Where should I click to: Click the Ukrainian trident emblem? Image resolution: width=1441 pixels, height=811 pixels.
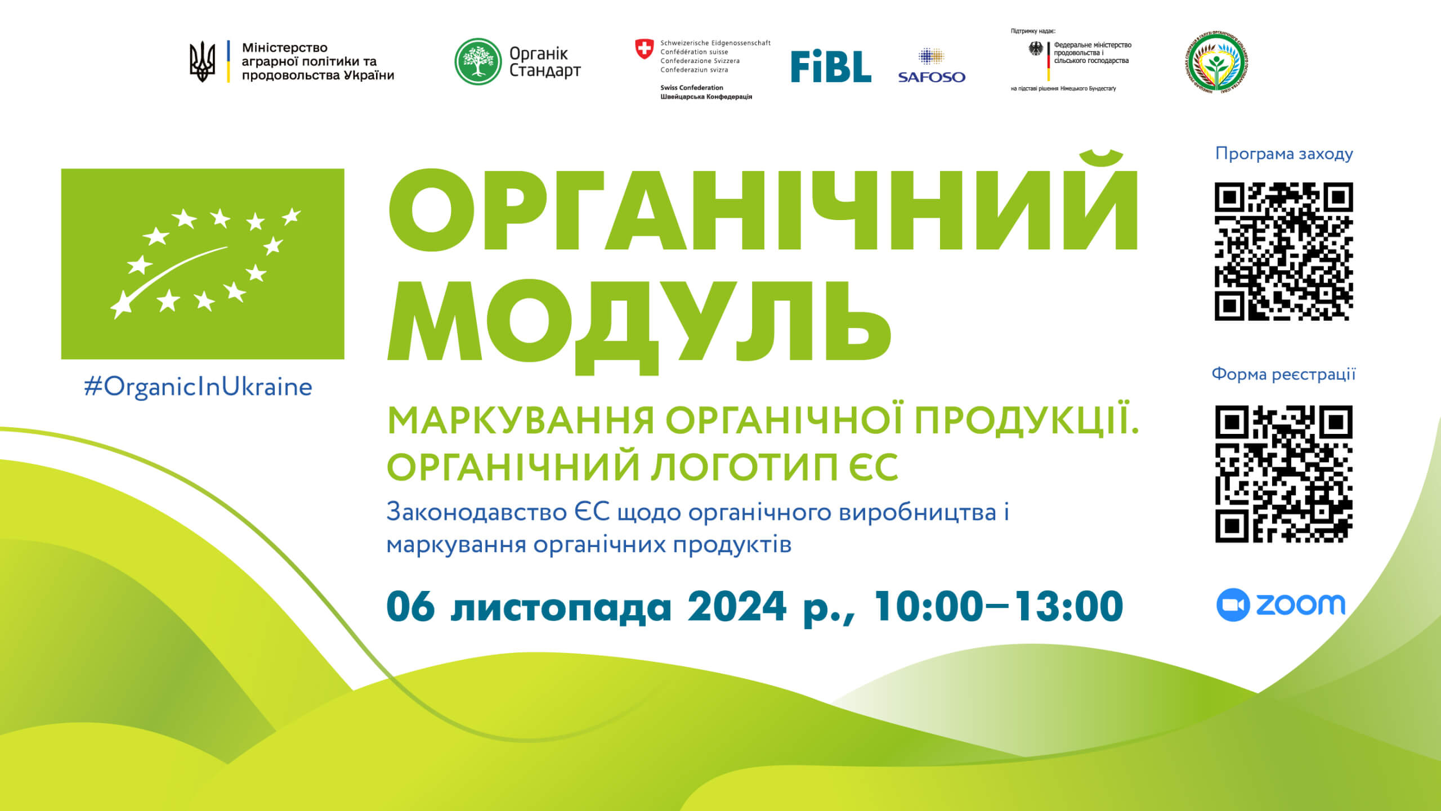[x=202, y=61]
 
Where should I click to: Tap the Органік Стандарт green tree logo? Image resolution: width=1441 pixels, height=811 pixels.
[x=478, y=61]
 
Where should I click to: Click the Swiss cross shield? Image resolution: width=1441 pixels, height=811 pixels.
[x=644, y=48]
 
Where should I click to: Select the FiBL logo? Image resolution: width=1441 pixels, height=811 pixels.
[x=831, y=67]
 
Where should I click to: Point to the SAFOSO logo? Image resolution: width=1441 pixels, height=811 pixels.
[x=932, y=67]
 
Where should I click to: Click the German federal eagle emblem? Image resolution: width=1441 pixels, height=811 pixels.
[x=1036, y=49]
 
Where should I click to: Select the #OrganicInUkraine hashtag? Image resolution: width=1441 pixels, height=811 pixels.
[x=198, y=387]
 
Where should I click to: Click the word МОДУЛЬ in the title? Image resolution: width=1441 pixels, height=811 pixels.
[x=639, y=321]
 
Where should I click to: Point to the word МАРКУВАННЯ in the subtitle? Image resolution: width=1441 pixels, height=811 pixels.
[x=521, y=421]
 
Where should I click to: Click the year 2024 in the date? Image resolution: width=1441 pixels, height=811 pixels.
[x=736, y=607]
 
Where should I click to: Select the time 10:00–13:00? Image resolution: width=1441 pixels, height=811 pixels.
[x=997, y=607]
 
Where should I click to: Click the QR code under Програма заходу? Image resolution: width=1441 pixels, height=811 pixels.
[x=1283, y=251]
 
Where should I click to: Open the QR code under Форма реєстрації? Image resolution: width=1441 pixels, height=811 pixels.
[x=1283, y=474]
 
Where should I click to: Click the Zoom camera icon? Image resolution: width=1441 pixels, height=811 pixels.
[x=1233, y=605]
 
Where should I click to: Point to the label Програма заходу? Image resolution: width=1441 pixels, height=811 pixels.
[x=1284, y=154]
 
